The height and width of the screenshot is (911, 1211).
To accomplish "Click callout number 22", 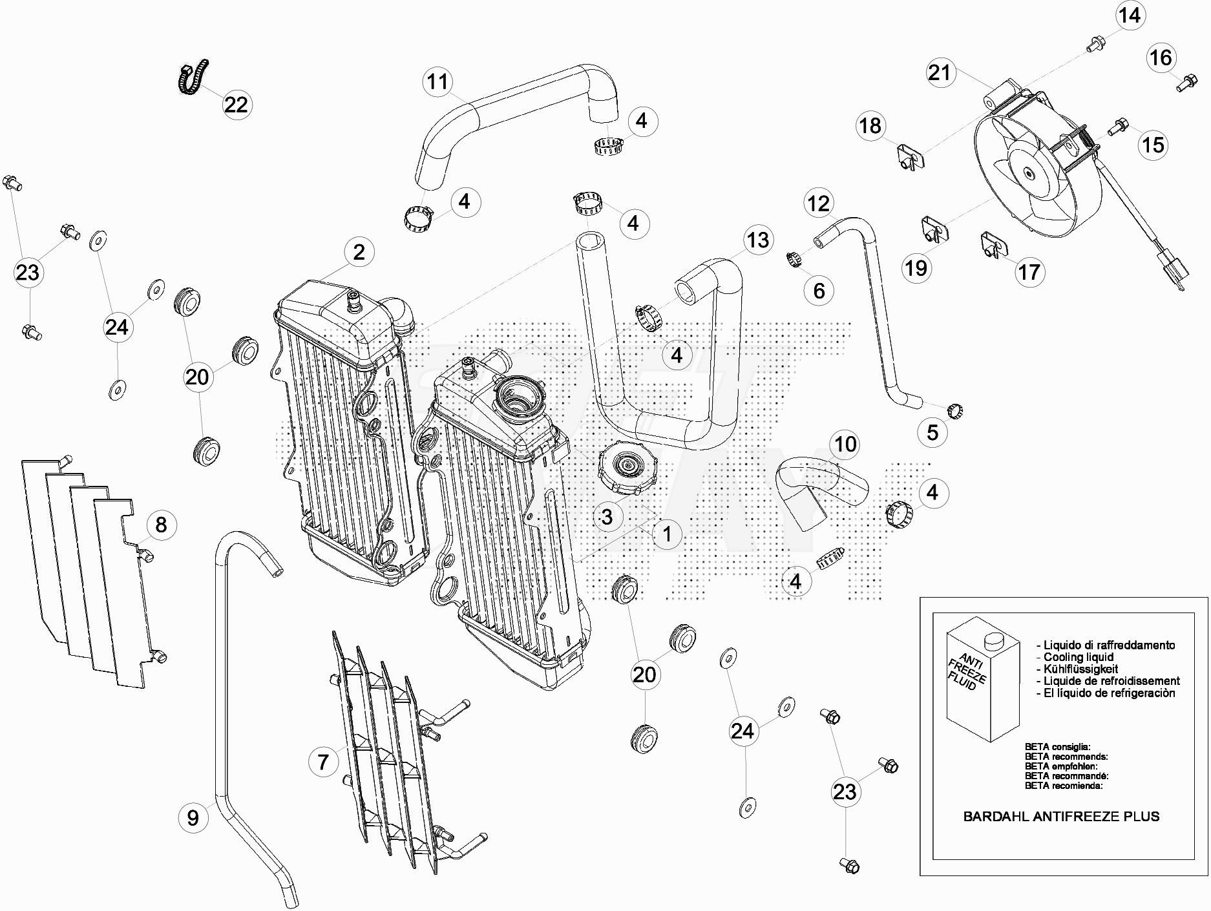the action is (236, 104).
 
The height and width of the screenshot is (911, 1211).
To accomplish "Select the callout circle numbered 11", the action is (438, 82).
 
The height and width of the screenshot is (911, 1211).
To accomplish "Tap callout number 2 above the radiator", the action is (359, 252).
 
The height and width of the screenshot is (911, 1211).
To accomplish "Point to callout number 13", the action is (758, 240).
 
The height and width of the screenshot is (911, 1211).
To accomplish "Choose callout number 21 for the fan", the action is (940, 72).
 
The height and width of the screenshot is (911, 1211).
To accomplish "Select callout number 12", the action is (819, 204).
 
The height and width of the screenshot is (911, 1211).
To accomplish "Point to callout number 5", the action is (932, 432).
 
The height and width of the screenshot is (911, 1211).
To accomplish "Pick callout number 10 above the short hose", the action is (846, 445).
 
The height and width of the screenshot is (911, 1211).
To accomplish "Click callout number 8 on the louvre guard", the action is (161, 524).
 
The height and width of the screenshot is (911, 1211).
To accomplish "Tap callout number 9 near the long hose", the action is (193, 819).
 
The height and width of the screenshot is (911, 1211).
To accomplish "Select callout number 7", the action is (323, 762).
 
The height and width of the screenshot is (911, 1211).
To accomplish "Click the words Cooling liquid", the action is (1079, 657).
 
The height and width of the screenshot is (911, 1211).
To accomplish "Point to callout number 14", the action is (1130, 15).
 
